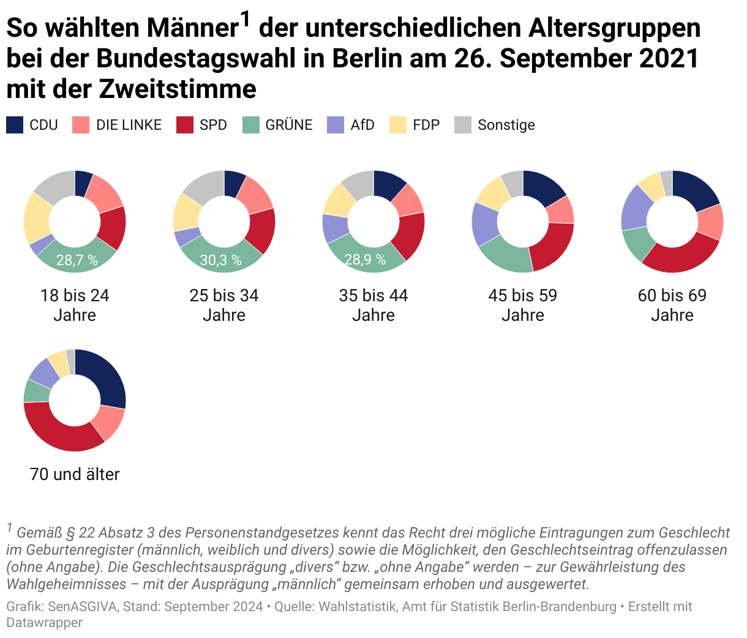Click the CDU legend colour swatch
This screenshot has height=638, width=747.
coord(15,125)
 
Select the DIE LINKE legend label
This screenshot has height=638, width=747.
coord(129,125)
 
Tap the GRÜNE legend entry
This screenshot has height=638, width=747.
coord(288,125)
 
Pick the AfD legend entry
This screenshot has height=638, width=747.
coord(362,125)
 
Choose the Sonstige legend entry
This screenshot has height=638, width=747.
coord(506,125)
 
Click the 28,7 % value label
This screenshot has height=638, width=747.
coord(77,260)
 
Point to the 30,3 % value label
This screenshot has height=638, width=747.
coord(220,260)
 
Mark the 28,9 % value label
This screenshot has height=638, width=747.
coord(365,260)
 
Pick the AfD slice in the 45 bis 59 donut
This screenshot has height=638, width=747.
coord(484,223)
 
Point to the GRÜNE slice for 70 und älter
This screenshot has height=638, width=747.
coord(36,391)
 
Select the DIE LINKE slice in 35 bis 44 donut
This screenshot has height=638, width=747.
coord(408,199)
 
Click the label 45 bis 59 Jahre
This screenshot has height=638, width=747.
coord(522,305)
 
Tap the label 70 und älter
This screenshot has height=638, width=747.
coord(75,474)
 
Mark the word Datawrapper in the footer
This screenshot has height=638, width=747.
coord(44,623)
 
